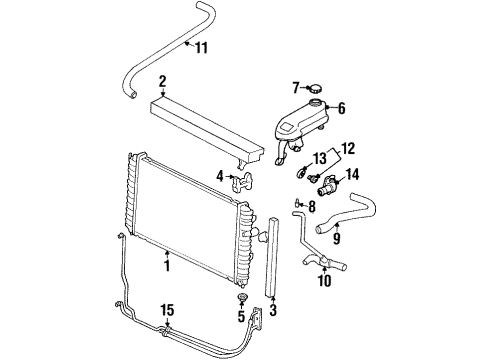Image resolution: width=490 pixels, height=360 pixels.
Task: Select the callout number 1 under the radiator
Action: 167,266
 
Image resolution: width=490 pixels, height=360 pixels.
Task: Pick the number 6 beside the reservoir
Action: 341,109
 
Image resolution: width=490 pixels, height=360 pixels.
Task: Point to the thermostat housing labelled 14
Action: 321,186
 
